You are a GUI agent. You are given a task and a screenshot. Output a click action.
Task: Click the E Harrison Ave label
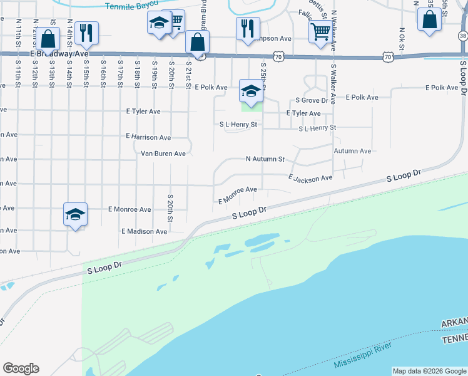[148, 137]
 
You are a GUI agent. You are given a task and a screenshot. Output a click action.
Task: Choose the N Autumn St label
[265, 159]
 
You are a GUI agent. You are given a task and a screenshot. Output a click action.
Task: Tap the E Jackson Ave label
[310, 179]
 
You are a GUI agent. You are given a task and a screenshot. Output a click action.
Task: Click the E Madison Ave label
[144, 231]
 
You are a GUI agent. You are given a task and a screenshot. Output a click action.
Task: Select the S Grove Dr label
[312, 100]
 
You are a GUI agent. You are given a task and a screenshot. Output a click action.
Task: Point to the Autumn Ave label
[352, 151]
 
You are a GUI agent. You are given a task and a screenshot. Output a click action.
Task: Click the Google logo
[21, 368]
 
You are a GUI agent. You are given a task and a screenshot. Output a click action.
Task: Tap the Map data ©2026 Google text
[429, 371]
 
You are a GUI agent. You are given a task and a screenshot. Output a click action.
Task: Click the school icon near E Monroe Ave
[75, 215]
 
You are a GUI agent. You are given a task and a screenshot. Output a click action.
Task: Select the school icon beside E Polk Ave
[250, 91]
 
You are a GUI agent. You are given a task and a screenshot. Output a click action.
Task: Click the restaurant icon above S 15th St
[86, 33]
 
